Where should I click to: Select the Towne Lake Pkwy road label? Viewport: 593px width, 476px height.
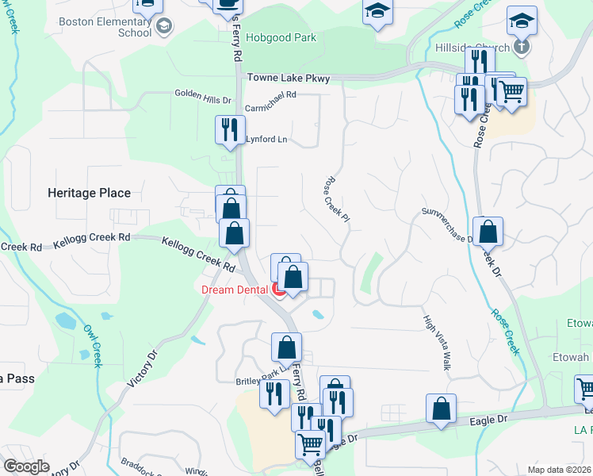[x=288, y=78]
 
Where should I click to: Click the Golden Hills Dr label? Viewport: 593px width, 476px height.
[x=202, y=101]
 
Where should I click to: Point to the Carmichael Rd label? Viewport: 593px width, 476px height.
[x=270, y=94]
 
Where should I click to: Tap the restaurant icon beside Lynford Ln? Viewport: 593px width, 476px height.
[x=230, y=129]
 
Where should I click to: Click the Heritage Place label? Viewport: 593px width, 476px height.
[x=89, y=193]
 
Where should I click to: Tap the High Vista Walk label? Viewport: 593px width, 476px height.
[x=436, y=342]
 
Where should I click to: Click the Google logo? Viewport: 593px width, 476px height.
[x=27, y=466]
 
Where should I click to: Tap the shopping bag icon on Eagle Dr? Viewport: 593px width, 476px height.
[x=441, y=408]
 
